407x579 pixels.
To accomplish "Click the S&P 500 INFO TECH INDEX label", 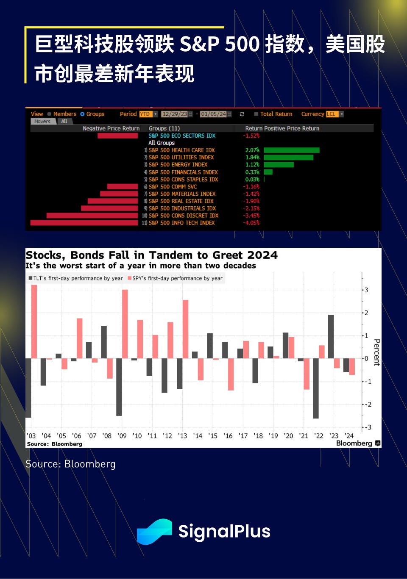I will tap(181, 223).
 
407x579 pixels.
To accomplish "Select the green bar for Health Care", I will tap(291, 150).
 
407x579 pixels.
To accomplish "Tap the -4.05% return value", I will tap(251, 223).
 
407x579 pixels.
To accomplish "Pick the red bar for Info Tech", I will tap(84, 223).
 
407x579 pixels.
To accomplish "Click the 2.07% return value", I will tap(252, 150).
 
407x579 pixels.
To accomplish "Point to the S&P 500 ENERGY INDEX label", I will tap(178, 165).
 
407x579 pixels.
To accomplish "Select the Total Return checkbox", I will tap(256, 114).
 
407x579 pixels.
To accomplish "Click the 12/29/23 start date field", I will tap(175, 114).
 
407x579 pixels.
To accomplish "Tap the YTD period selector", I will tap(145, 114).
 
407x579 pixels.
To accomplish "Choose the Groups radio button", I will tap(82, 114).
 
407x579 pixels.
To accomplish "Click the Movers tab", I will tap(42, 122).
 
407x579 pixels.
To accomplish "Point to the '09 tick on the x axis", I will tap(122, 435).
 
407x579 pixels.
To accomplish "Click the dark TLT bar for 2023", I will tap(331, 337).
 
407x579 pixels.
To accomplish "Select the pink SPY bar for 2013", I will tap(185, 329).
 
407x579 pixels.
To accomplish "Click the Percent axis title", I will tap(376, 352).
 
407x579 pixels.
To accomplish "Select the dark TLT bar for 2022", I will tap(316, 388).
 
